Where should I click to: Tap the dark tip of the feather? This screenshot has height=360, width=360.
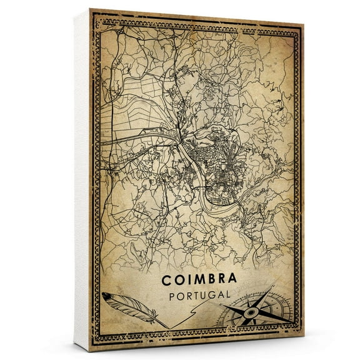[x=106, y=296]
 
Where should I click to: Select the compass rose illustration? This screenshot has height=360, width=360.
[x=250, y=309]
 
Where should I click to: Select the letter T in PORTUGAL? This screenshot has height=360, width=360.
[x=189, y=292]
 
